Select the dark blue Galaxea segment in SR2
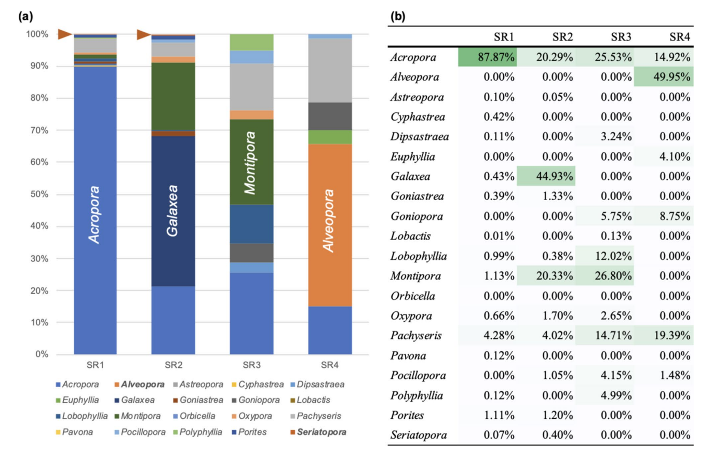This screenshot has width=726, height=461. click(x=173, y=210)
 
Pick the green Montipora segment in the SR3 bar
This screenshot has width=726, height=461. click(x=251, y=162)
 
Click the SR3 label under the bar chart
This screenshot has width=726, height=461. click(x=251, y=365)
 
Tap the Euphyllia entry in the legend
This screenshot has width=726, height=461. click(x=77, y=400)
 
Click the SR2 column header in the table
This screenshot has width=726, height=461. click(x=562, y=37)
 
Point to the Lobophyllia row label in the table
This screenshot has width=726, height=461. click(x=418, y=256)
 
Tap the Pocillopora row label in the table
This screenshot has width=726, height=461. click(x=418, y=376)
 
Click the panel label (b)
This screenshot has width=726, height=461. click(x=398, y=16)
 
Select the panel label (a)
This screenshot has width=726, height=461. click(x=25, y=16)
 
